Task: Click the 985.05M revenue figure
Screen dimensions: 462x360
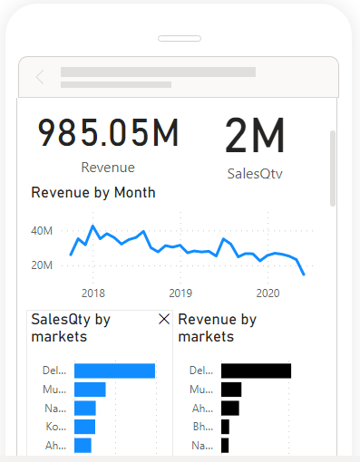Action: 108,134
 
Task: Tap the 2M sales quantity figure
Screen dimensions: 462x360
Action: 255,137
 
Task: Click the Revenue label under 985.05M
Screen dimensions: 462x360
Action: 108,168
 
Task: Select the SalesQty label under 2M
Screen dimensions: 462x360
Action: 255,173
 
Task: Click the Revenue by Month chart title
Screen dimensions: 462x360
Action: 92,193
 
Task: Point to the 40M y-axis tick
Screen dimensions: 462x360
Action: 42,231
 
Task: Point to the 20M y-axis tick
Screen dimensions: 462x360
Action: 42,265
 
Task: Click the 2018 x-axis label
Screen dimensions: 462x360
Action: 92,293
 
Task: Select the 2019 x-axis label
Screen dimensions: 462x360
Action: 180,293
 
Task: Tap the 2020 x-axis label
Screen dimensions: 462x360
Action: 268,293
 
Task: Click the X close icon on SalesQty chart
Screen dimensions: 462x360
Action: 163,320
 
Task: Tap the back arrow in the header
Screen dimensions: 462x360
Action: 40,77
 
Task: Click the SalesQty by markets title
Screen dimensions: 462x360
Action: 71,328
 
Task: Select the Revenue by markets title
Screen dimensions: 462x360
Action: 217,328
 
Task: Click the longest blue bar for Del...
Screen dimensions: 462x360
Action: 114,371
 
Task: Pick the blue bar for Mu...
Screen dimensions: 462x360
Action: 90,390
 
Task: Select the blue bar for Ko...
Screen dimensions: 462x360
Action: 84,427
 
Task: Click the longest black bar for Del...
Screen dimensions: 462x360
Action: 256,371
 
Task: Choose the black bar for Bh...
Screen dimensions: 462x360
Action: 225,427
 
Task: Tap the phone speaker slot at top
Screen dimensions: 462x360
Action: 180,39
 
